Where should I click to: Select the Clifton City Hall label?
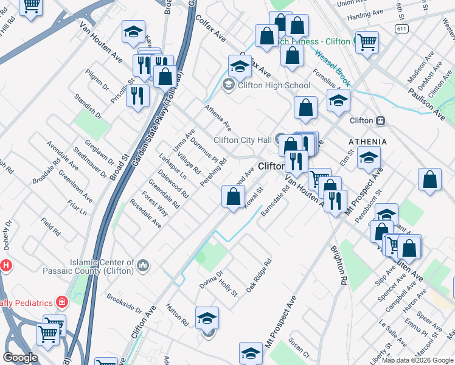pyautogui.click(x=243, y=140)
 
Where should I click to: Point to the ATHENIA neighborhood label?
pyautogui.click(x=367, y=142)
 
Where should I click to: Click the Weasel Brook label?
pyautogui.click(x=333, y=64)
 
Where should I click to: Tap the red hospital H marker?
pyautogui.click(x=6, y=265)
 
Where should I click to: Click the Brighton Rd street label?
pyautogui.click(x=339, y=265)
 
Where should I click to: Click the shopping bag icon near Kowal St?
pyautogui.click(x=234, y=196)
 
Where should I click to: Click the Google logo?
pyautogui.click(x=20, y=358)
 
